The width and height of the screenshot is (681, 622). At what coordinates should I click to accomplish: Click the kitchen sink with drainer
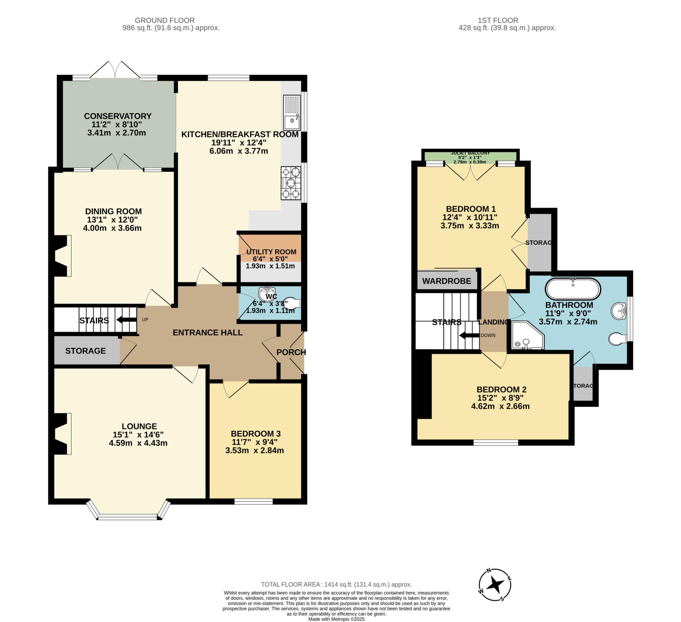pyautogui.click(x=292, y=113)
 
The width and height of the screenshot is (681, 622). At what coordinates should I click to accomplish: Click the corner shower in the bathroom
pyautogui.click(x=528, y=335)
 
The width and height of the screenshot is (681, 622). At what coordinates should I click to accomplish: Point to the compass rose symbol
pyautogui.click(x=495, y=584)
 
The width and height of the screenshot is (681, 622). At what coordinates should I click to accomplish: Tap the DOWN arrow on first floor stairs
pyautogui.click(x=469, y=336)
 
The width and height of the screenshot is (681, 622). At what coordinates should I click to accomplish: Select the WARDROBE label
pyautogui.click(x=447, y=281)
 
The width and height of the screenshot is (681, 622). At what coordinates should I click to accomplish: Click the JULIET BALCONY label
pyautogui.click(x=470, y=153)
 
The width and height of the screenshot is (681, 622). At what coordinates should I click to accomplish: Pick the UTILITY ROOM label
pyautogui.click(x=271, y=252)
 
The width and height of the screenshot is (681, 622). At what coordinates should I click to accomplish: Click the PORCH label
pyautogui.click(x=291, y=352)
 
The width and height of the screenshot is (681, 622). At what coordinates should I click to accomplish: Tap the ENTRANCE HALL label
pyautogui.click(x=207, y=333)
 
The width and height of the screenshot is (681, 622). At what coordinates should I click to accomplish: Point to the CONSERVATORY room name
pyautogui.click(x=118, y=116)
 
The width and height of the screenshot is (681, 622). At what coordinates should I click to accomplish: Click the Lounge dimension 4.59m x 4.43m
pyautogui.click(x=138, y=443)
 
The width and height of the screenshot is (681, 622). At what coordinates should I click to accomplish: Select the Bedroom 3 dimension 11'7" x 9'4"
pyautogui.click(x=256, y=442)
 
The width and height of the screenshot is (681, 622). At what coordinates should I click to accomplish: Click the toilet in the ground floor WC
pyautogui.click(x=293, y=303)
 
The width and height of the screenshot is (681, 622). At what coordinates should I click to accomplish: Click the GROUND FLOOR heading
pyautogui.click(x=165, y=20)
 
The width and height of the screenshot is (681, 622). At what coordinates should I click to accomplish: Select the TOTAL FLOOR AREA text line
pyautogui.click(x=336, y=584)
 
